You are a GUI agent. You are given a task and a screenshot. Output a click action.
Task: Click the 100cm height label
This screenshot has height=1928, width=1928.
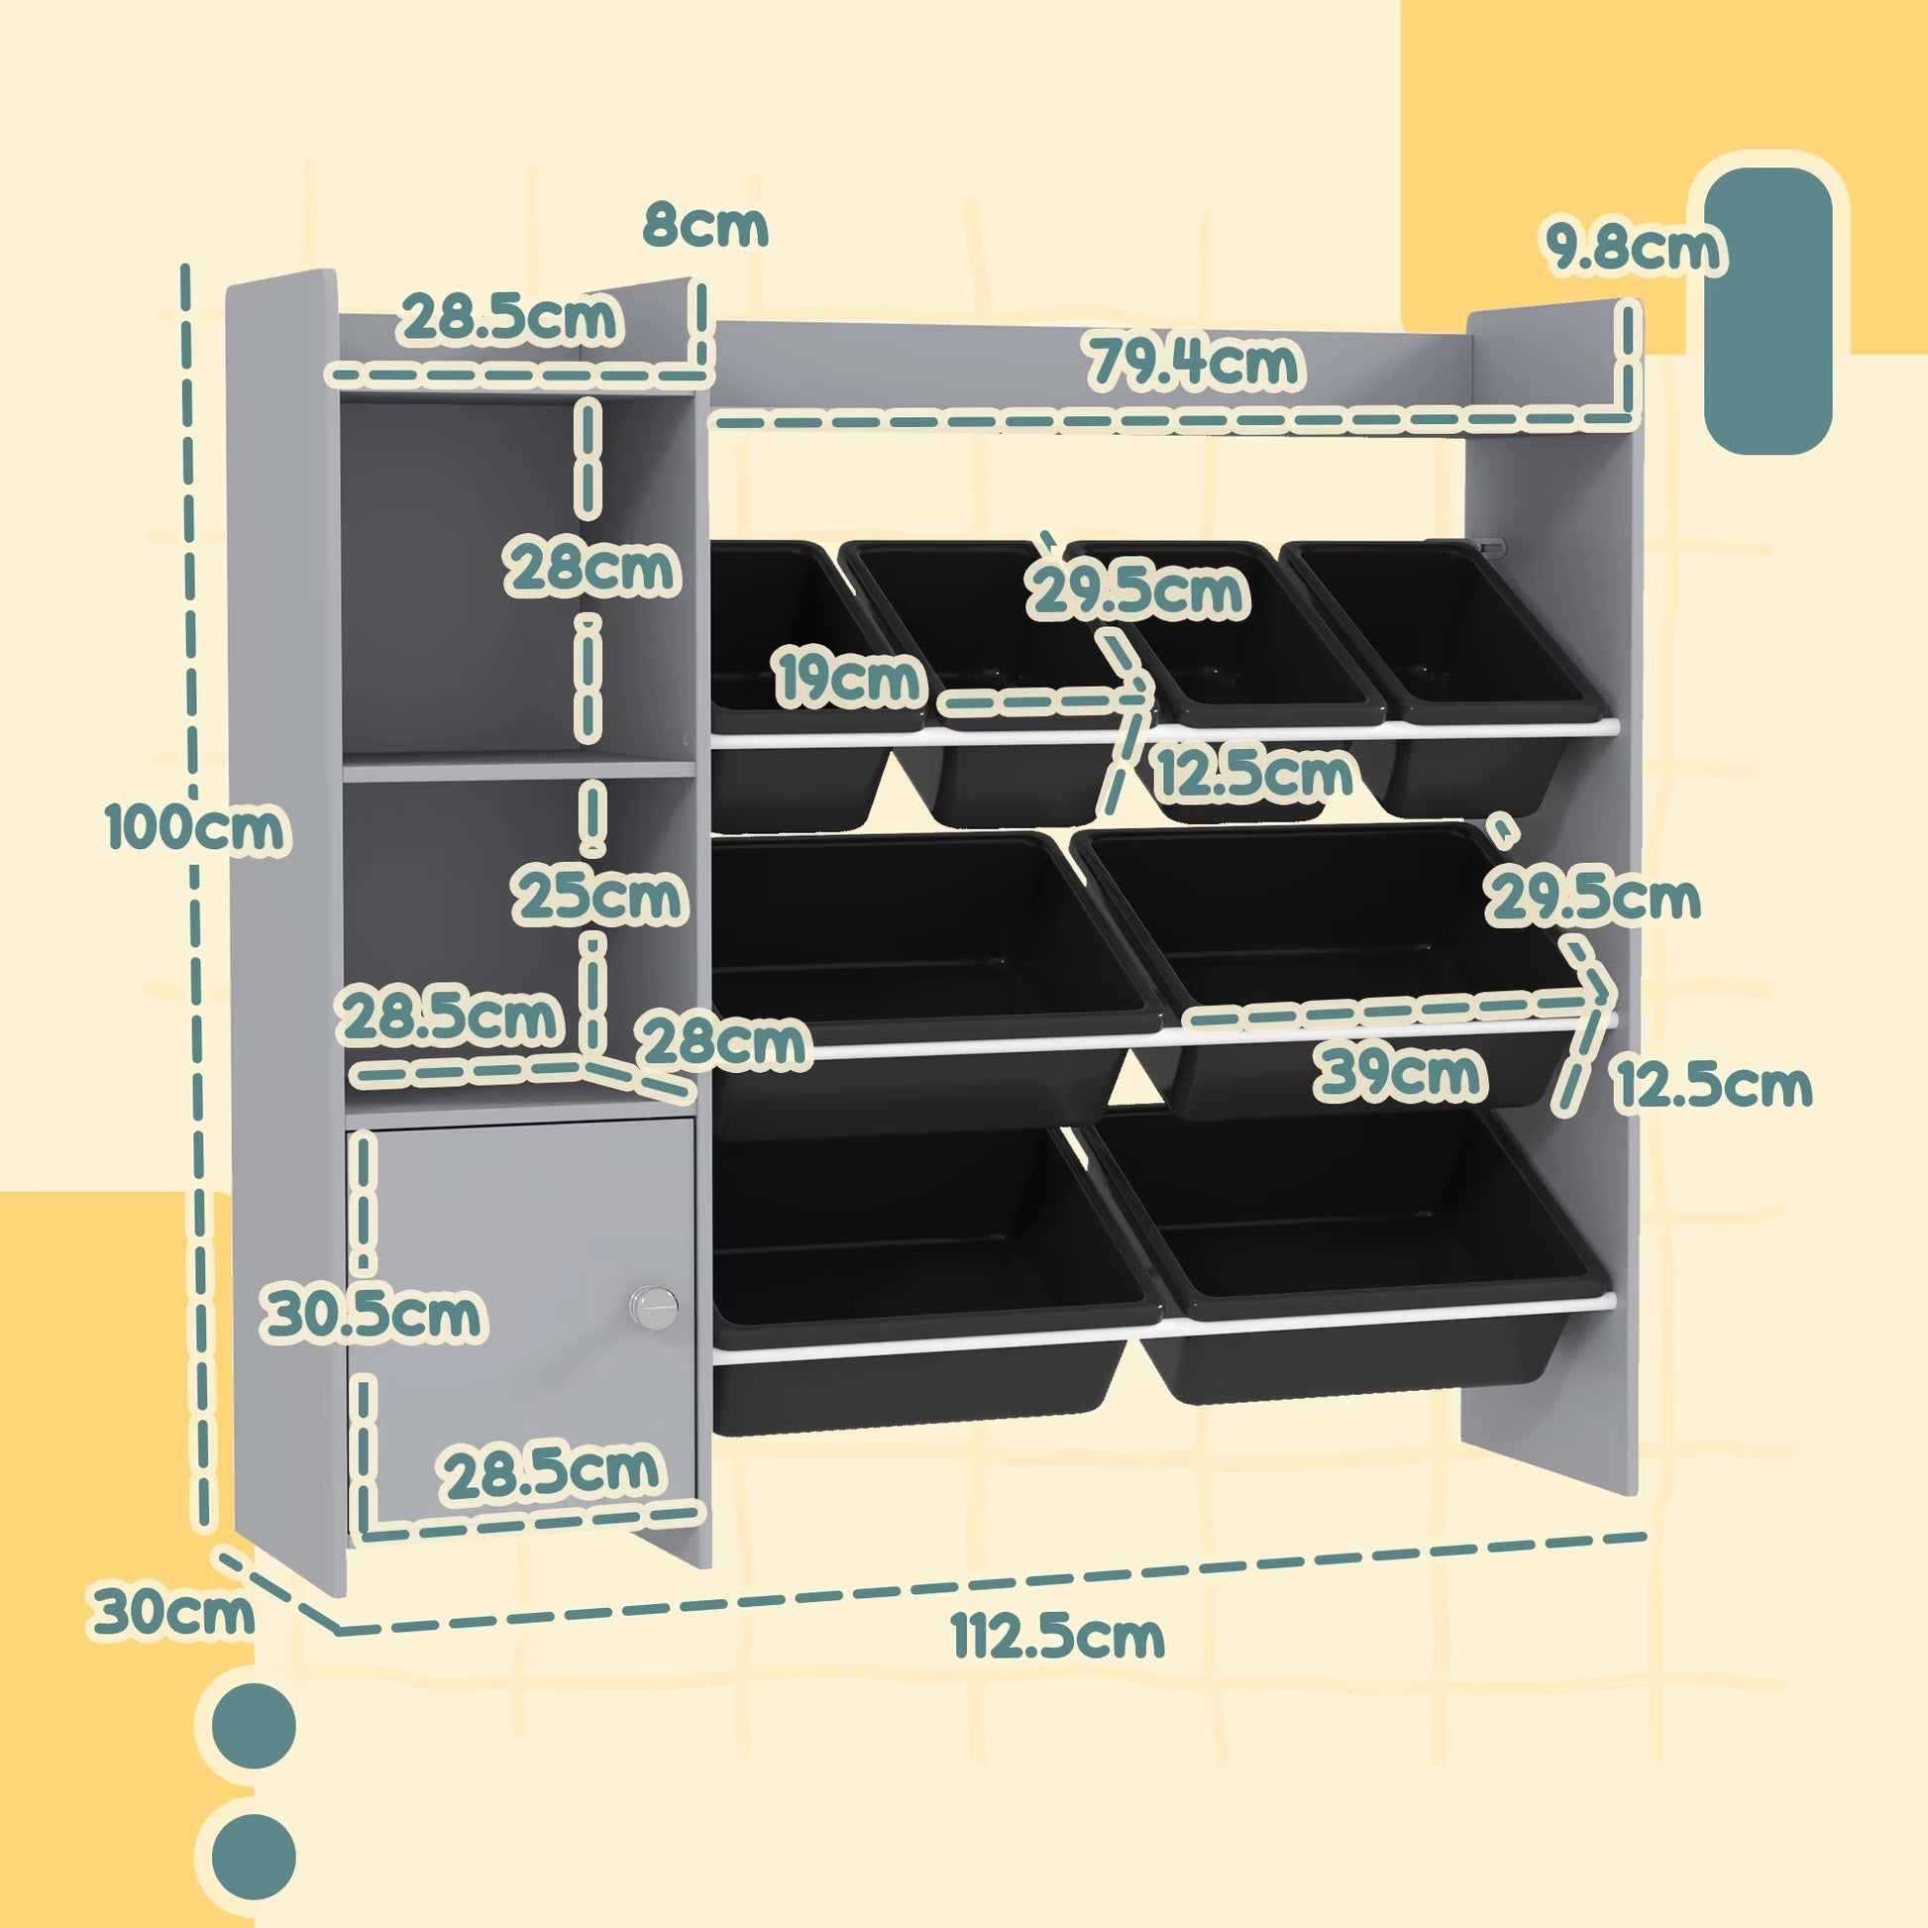(x=196, y=827)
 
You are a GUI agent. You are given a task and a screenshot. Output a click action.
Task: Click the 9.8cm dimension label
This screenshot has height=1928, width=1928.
(x=1634, y=249)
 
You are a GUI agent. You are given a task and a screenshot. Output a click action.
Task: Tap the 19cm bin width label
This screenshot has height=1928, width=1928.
(x=849, y=678)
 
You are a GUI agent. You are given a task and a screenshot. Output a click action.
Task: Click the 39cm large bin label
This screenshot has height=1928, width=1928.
(x=1402, y=1074)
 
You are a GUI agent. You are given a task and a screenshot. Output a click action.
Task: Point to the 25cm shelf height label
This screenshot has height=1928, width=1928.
(x=599, y=897)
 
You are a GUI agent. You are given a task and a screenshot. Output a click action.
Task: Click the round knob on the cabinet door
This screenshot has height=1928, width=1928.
(x=653, y=1307)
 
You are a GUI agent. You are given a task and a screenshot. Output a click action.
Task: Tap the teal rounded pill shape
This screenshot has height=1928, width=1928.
(x=1767, y=310)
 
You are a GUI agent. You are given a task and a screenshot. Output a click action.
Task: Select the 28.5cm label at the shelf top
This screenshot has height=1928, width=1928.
(x=511, y=318)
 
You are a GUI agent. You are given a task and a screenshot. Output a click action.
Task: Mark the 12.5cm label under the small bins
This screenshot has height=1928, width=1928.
(x=1254, y=774)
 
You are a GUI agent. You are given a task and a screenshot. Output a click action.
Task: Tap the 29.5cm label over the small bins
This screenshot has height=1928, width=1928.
(x=1138, y=590)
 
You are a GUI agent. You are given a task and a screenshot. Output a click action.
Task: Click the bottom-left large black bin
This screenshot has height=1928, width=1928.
(x=923, y=1287)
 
